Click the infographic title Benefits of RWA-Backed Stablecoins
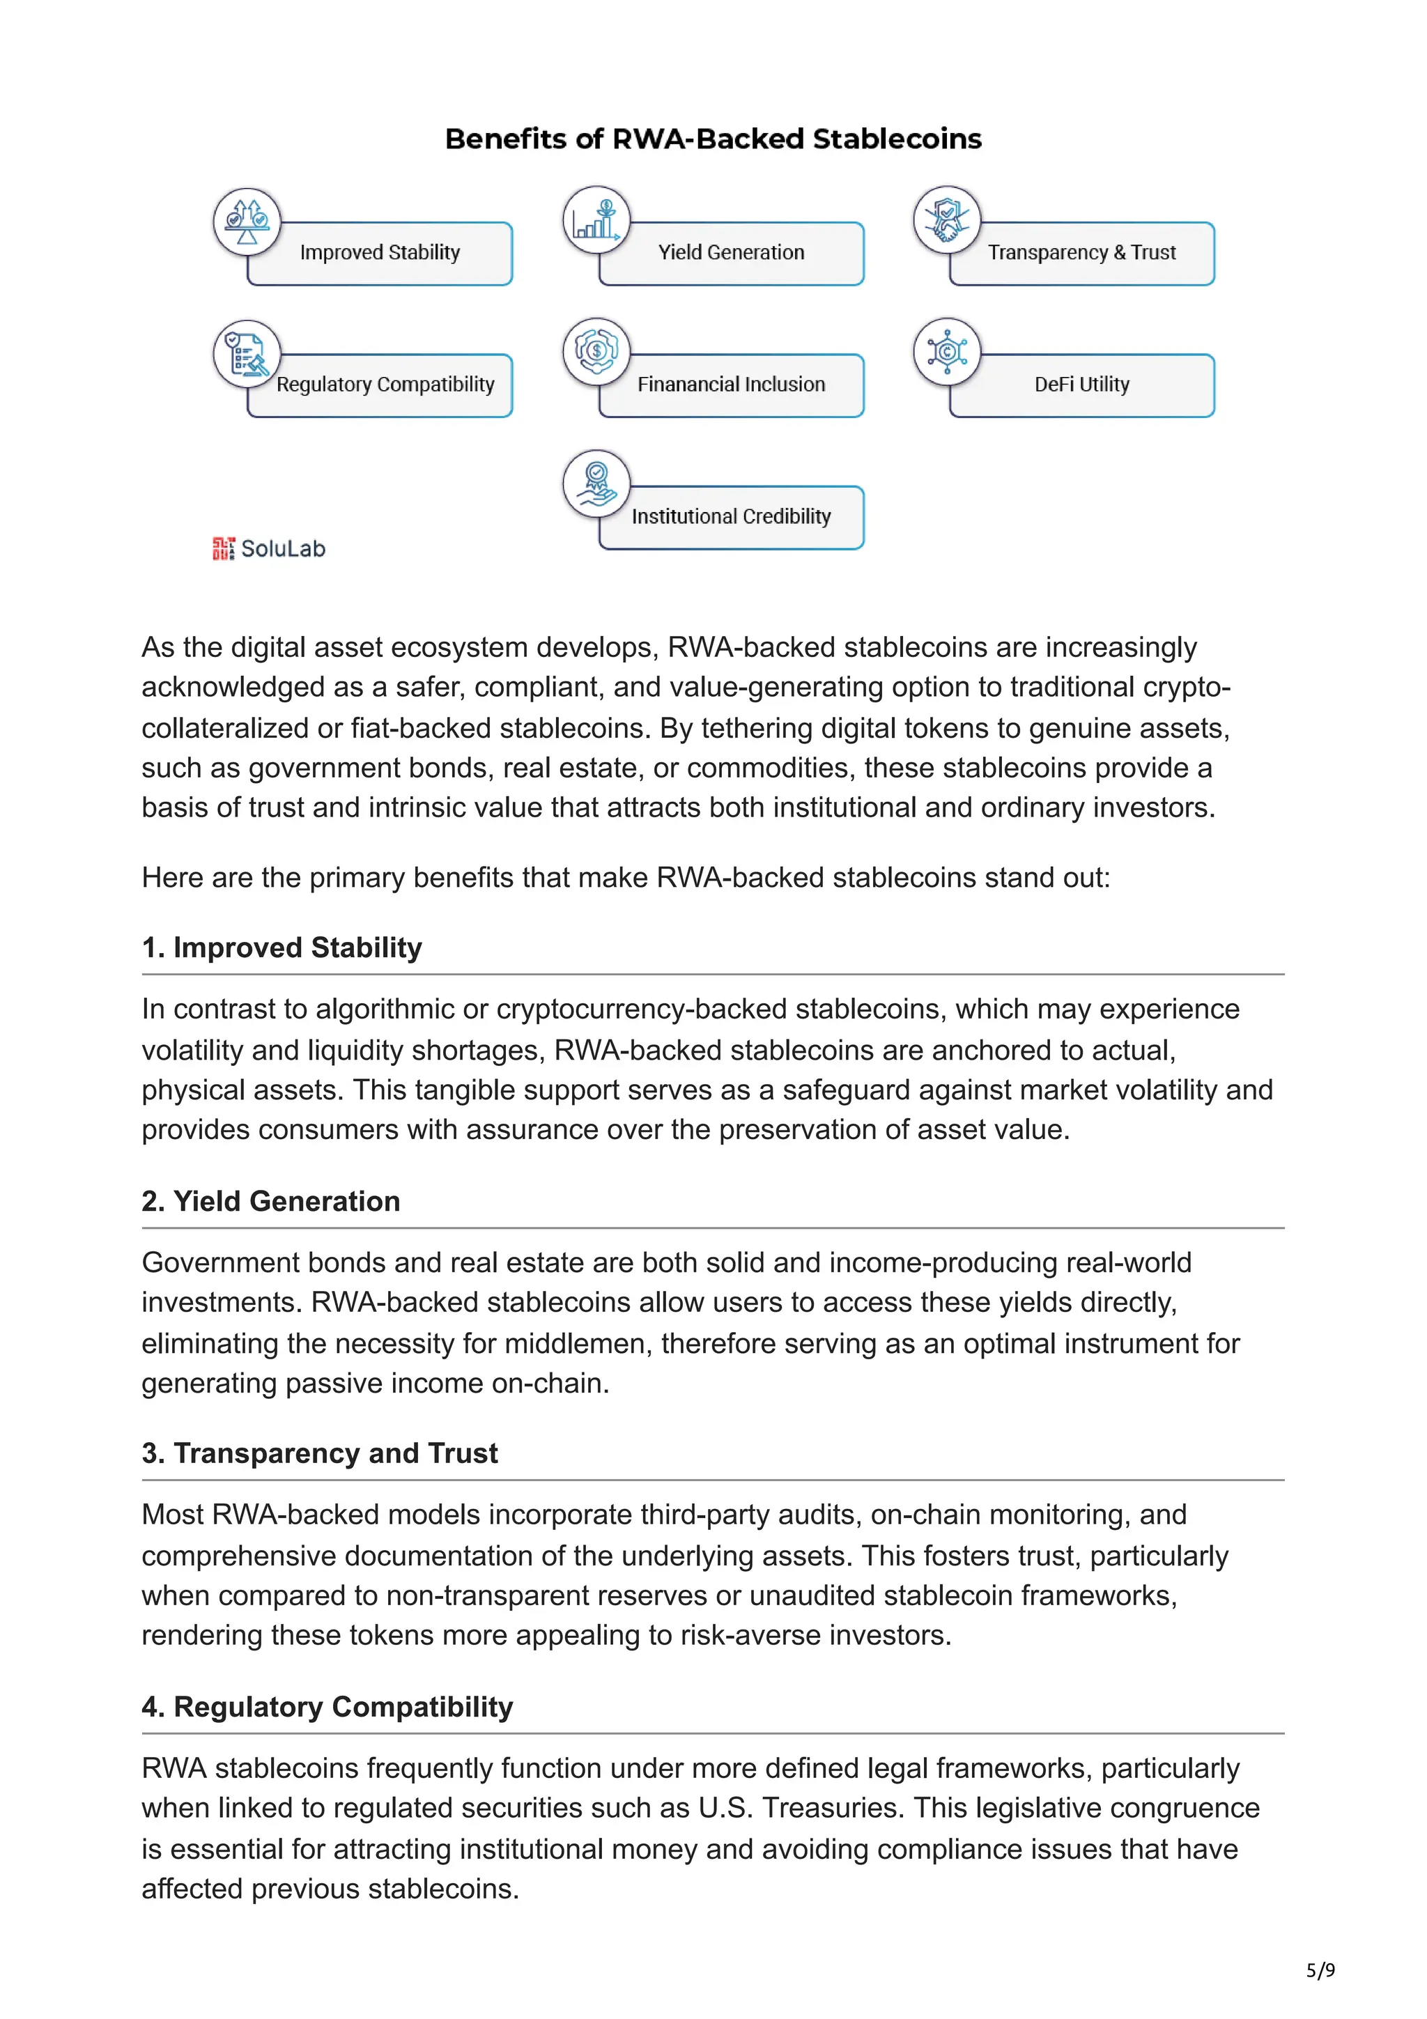pyautogui.click(x=712, y=139)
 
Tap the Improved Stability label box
pyautogui.click(x=380, y=254)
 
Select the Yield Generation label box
pyautogui.click(x=731, y=254)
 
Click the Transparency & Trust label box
pyautogui.click(x=1081, y=254)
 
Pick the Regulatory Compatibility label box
pyautogui.click(x=385, y=385)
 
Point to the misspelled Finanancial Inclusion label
pyautogui.click(x=731, y=385)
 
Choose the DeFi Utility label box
pyautogui.click(x=1081, y=385)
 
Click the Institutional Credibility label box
pyautogui.click(x=731, y=517)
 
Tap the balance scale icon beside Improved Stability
pyautogui.click(x=247, y=222)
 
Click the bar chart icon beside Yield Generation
pyautogui.click(x=597, y=221)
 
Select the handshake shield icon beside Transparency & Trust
pyautogui.click(x=947, y=220)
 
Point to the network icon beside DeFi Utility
pyautogui.click(x=947, y=352)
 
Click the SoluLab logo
pyautogui.click(x=268, y=549)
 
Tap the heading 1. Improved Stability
pyautogui.click(x=281, y=948)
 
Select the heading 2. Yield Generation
pyautogui.click(x=271, y=1201)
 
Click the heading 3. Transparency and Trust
pyautogui.click(x=319, y=1453)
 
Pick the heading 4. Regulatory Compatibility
pyautogui.click(x=327, y=1707)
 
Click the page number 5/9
pyautogui.click(x=1320, y=1970)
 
